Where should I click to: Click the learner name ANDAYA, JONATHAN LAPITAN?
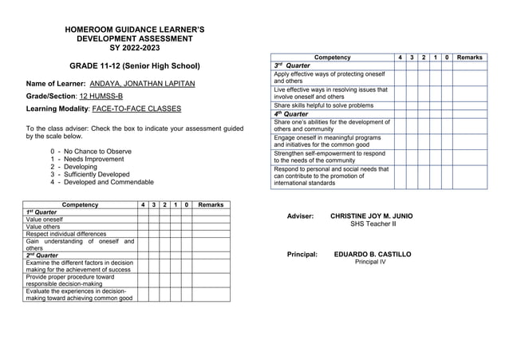(142, 83)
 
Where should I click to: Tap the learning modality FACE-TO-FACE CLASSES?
(136, 109)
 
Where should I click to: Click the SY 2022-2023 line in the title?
(134, 48)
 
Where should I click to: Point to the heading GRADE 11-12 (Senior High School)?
(134, 65)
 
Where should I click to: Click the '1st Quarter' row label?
(41, 212)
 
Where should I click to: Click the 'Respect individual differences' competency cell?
(66, 234)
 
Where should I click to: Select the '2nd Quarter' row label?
(42, 255)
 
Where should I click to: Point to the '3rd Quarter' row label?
(292, 65)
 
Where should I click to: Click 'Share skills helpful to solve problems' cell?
(323, 105)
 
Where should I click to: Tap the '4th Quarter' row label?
(292, 113)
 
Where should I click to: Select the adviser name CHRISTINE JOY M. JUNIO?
(372, 216)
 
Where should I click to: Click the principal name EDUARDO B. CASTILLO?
(373, 254)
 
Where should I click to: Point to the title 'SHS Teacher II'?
(373, 224)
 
